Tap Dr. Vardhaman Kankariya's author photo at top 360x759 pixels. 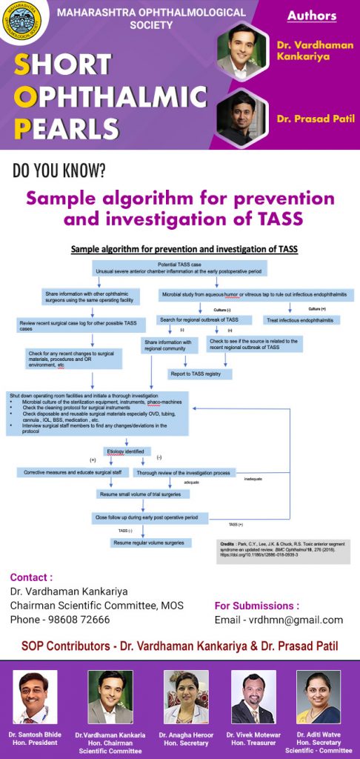click(x=242, y=49)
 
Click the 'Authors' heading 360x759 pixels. click(x=311, y=16)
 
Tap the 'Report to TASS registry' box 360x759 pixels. click(x=199, y=374)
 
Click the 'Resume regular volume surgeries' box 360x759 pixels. click(x=148, y=543)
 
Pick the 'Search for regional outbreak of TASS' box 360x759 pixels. click(x=204, y=320)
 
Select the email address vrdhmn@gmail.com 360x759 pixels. click(x=279, y=620)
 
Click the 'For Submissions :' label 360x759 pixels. click(x=256, y=606)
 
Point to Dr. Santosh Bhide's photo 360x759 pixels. click(x=35, y=697)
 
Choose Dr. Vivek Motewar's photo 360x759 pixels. click(x=253, y=697)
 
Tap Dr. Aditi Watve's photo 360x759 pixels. click(x=319, y=697)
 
